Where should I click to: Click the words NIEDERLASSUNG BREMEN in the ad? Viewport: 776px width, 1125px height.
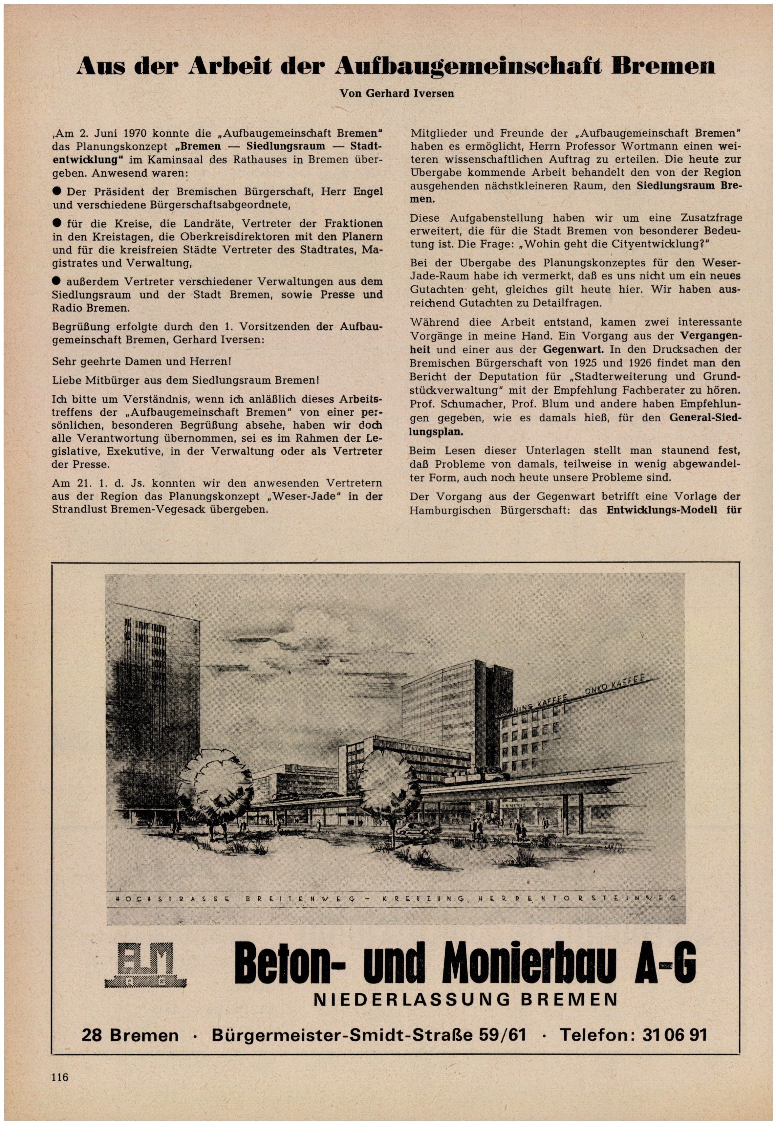point(465,999)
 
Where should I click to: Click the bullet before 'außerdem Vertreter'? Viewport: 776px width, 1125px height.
point(57,281)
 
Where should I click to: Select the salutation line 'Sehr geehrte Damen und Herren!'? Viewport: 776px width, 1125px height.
point(141,362)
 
